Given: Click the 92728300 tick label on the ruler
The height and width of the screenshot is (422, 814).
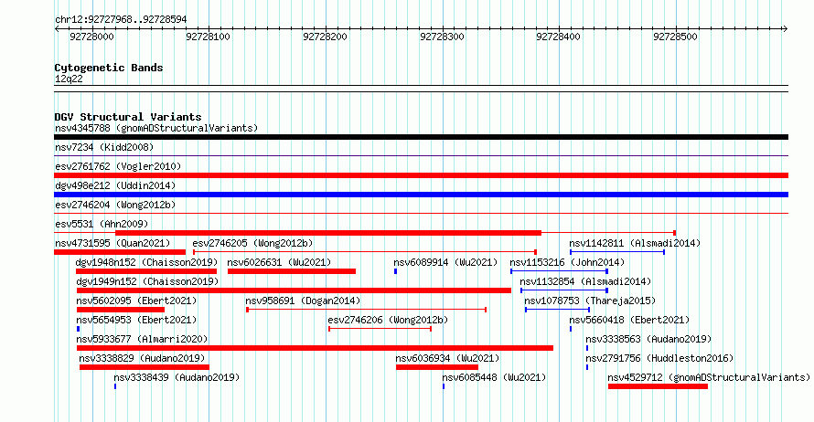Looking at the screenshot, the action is pyautogui.click(x=442, y=37).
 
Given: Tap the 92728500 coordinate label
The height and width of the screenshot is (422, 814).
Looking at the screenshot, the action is pyautogui.click(x=675, y=37).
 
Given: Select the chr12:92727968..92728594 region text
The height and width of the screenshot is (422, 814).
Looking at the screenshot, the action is pyautogui.click(x=121, y=20).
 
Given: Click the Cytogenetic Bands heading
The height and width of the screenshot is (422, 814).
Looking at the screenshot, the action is pyautogui.click(x=109, y=68).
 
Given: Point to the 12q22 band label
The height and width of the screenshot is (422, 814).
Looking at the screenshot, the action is pyautogui.click(x=69, y=79).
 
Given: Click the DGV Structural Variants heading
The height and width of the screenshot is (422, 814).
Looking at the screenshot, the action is pyautogui.click(x=128, y=117).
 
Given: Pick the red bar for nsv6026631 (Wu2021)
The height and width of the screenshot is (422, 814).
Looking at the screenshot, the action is pyautogui.click(x=292, y=271).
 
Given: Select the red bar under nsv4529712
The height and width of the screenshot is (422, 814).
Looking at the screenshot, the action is pyautogui.click(x=658, y=386).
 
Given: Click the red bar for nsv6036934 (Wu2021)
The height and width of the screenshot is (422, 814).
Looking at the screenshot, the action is pyautogui.click(x=437, y=367).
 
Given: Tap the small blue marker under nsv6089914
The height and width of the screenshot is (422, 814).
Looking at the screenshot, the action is pyautogui.click(x=396, y=271).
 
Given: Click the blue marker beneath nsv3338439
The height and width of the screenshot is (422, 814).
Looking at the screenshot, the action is pyautogui.click(x=115, y=386).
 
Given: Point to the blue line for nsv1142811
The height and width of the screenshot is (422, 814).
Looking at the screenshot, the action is pyautogui.click(x=617, y=252).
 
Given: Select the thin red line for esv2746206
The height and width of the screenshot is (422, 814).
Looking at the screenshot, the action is pyautogui.click(x=380, y=329).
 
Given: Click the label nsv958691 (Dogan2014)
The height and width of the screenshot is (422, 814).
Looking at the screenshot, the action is pyautogui.click(x=303, y=301).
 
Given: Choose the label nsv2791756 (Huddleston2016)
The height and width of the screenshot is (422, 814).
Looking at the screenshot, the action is pyautogui.click(x=659, y=358).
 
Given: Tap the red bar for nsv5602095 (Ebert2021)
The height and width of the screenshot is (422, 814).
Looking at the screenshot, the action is pyautogui.click(x=121, y=310).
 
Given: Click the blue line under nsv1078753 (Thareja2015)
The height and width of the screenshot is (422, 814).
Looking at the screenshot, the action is pyautogui.click(x=558, y=310).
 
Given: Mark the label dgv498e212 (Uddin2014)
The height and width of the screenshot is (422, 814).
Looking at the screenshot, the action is pyautogui.click(x=115, y=185).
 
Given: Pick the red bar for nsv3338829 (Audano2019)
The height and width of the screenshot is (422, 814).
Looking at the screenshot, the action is pyautogui.click(x=145, y=367).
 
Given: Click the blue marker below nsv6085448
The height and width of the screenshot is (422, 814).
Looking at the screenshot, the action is pyautogui.click(x=444, y=386).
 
